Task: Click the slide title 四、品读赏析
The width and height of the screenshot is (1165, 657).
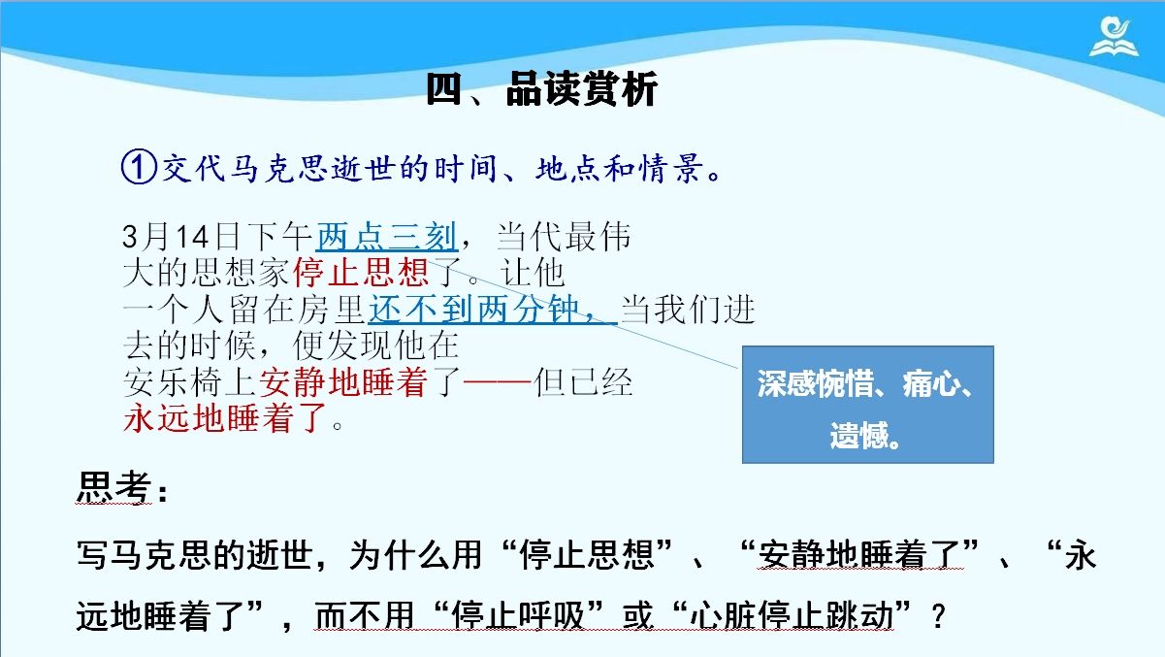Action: (542, 89)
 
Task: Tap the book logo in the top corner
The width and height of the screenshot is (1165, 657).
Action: (1114, 38)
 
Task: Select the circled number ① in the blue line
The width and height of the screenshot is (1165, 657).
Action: (139, 167)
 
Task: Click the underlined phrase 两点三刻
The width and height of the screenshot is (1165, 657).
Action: (386, 237)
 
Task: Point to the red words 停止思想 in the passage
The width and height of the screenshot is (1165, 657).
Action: (361, 272)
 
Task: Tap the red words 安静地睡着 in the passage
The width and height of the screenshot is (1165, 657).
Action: (343, 381)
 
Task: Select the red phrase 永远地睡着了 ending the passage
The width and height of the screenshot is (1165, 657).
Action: (225, 417)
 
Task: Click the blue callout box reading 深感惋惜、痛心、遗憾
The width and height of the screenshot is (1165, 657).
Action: (867, 404)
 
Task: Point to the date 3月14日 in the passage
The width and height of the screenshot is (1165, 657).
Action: (180, 237)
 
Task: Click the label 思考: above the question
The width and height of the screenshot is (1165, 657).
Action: (123, 488)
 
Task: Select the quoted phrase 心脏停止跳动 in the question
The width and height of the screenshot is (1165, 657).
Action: (792, 615)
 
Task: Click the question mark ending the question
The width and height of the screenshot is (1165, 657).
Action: (938, 616)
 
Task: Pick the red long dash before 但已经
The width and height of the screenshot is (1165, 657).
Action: (498, 382)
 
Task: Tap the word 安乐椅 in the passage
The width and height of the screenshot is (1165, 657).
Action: (174, 382)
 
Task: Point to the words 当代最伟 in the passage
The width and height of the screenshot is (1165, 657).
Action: (564, 237)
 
